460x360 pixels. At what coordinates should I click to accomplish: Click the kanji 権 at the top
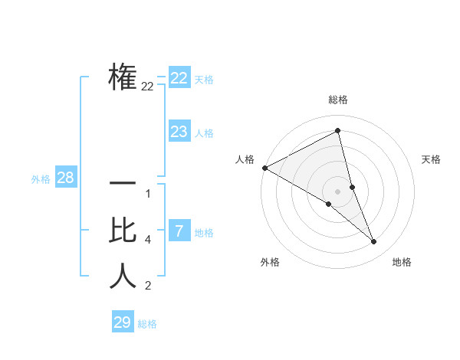(x=123, y=77)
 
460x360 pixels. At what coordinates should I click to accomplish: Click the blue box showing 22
(x=179, y=78)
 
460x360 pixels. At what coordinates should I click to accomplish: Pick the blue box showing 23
(x=179, y=132)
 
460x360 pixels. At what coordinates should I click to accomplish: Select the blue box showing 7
(x=179, y=231)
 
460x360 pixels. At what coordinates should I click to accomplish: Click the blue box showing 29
(x=123, y=322)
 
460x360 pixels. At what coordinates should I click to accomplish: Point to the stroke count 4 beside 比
(x=148, y=241)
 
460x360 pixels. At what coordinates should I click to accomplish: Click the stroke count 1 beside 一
(x=148, y=194)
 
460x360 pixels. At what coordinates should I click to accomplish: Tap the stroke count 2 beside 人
(x=148, y=286)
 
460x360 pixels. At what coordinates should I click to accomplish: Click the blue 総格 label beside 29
(x=147, y=324)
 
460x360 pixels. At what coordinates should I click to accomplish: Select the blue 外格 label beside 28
(x=41, y=179)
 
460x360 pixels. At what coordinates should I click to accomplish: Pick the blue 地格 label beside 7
(x=204, y=233)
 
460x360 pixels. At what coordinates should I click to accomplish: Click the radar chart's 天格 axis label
(x=432, y=159)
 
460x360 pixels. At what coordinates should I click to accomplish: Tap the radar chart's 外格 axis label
(x=270, y=262)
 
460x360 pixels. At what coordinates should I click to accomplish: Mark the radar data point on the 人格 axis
(x=264, y=167)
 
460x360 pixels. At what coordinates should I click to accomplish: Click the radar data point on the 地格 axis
(x=373, y=241)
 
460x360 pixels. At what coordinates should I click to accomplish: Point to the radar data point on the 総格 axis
(x=337, y=130)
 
